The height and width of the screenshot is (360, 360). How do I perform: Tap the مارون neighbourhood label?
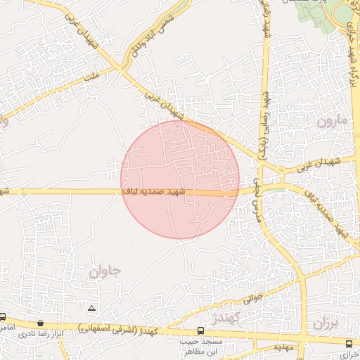pyautogui.click(x=332, y=120)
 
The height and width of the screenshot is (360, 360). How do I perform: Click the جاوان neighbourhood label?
pyautogui.click(x=106, y=271)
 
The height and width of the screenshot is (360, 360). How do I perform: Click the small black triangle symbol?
pyautogui.click(x=91, y=309)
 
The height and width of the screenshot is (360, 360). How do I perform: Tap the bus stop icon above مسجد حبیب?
pyautogui.click(x=201, y=330)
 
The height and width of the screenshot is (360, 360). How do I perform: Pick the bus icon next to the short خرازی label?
pyautogui.click(x=349, y=343)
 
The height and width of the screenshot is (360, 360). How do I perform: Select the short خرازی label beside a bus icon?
pyautogui.click(x=349, y=356)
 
